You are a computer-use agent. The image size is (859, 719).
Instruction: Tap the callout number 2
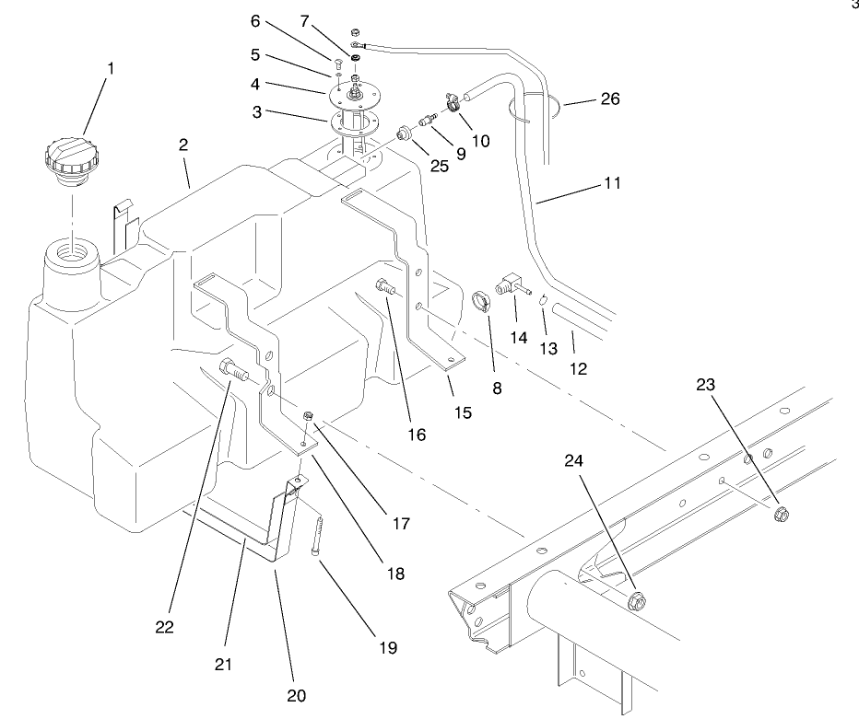tap(183, 145)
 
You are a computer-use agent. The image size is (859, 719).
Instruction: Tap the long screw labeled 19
tap(315, 535)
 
